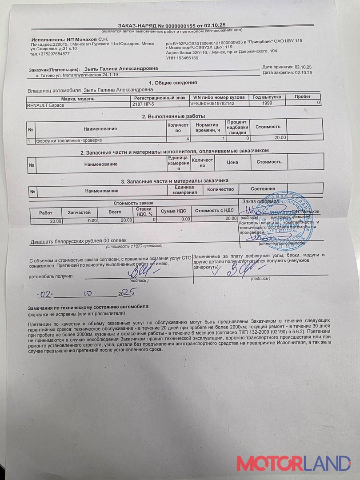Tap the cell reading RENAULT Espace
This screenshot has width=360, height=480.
pyautogui.click(x=45, y=105)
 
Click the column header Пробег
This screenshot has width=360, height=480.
pyautogui.click(x=302, y=96)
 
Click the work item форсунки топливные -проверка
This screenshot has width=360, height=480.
pyautogui.click(x=69, y=140)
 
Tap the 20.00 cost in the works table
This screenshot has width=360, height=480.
pyautogui.click(x=280, y=137)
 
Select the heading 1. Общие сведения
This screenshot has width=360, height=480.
pyautogui.click(x=173, y=83)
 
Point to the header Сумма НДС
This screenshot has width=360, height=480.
pyautogui.click(x=176, y=211)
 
